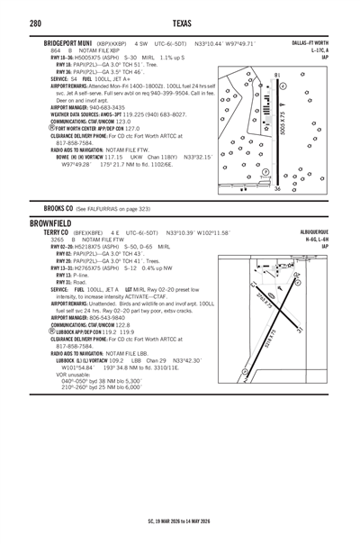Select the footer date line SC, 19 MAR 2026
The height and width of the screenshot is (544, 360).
tap(179, 520)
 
